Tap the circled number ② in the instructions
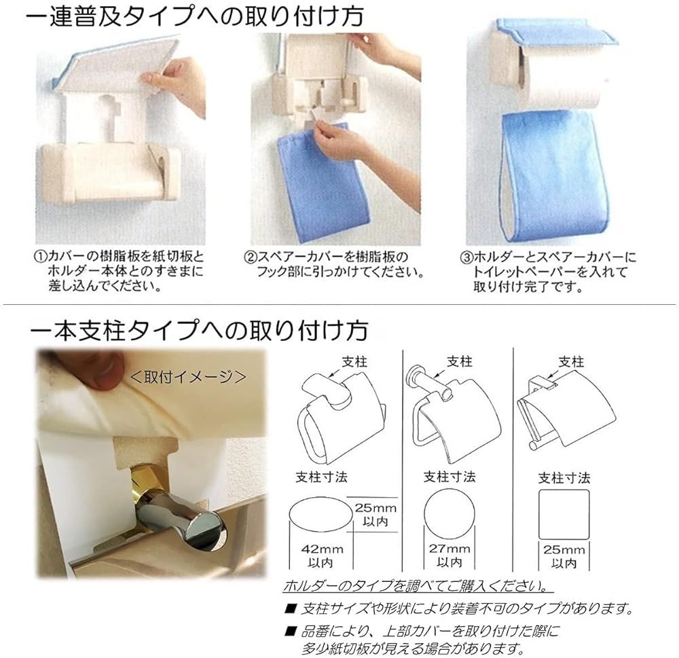(x=251, y=257)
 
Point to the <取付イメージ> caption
(x=187, y=376)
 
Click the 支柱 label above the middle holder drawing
(x=459, y=362)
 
